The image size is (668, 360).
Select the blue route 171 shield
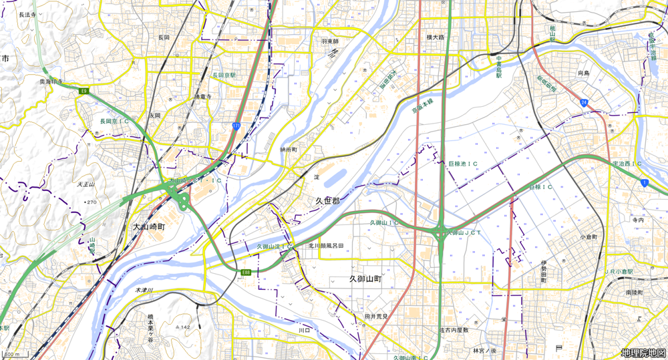coord(237,125)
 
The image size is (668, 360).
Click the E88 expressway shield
coord(246,272)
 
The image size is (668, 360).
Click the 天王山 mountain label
coord(86,184)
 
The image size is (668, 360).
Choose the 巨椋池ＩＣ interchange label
coord(462,163)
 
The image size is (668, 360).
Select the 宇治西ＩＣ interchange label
coord(627,163)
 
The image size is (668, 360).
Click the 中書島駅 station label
coord(498,67)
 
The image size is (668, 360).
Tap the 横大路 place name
coord(436,37)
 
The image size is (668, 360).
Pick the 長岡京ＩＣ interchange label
coord(115,122)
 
